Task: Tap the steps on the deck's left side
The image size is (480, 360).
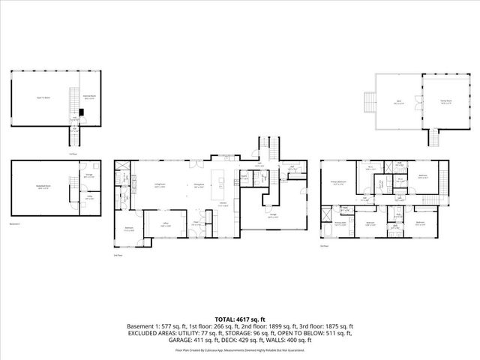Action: tap(367, 100)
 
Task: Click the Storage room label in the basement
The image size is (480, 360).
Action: tap(89, 177)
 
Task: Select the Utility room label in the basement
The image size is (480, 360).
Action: tap(89, 199)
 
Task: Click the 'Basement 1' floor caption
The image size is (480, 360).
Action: tap(16, 223)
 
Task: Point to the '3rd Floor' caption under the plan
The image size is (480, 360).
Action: tap(325, 246)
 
